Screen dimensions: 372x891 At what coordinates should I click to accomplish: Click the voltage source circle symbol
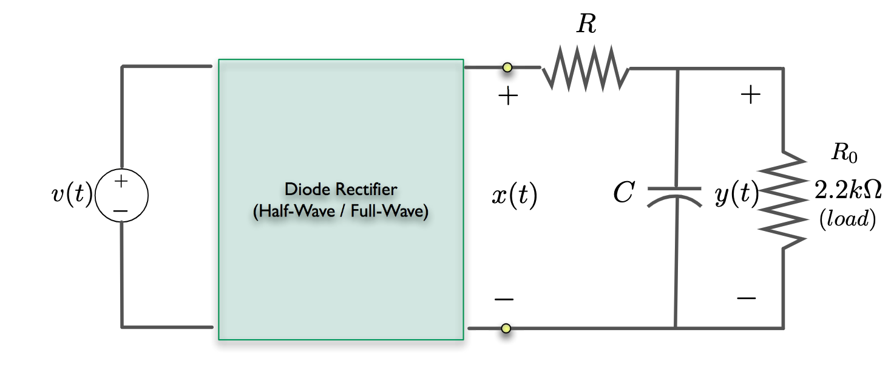point(121,196)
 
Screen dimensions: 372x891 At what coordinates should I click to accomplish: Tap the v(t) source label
point(72,196)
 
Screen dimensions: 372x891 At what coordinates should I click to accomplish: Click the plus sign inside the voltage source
point(121,181)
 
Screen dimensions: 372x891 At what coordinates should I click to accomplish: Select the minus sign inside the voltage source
point(121,210)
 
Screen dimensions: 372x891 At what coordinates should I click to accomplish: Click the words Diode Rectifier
point(340,189)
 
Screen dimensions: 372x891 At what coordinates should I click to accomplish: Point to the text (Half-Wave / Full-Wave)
point(340,212)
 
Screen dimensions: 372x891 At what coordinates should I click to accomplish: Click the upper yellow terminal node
point(507,67)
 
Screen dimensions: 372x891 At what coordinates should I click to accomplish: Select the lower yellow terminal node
point(506,329)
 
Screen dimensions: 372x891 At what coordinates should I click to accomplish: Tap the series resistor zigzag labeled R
point(586,69)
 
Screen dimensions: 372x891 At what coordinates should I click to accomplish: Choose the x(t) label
point(513,196)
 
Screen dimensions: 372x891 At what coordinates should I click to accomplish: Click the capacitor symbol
point(675,195)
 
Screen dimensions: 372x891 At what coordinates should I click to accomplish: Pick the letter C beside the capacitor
point(623,194)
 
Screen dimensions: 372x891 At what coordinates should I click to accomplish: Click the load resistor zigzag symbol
point(783,200)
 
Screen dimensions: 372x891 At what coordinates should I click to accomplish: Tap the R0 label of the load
point(844,153)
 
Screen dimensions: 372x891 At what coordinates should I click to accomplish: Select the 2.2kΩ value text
point(847,190)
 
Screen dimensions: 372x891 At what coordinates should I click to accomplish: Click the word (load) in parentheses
point(847,220)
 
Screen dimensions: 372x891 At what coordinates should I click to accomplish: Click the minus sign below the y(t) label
point(746,298)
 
